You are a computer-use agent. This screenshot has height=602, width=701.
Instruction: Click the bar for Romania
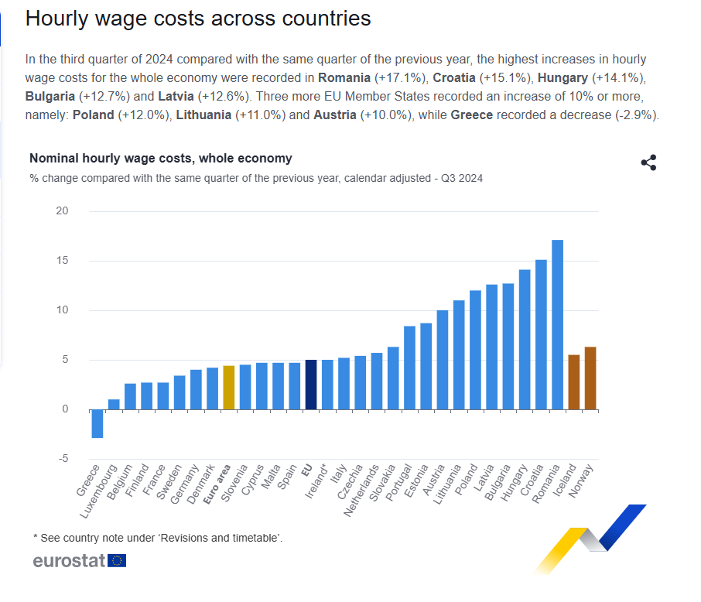point(557,325)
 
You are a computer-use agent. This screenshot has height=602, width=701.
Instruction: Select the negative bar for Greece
point(97,423)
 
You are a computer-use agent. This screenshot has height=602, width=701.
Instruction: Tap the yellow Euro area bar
point(228,388)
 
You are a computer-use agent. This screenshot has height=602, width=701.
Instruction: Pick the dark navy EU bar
point(311,385)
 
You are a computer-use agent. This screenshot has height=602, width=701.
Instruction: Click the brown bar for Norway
point(590,378)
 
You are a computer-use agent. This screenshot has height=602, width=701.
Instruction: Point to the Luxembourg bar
point(114,405)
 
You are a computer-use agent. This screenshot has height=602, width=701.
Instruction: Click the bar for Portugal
point(410,368)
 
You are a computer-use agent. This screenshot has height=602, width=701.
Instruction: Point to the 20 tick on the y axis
point(62,211)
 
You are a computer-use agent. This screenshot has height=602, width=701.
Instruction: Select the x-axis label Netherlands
point(364,491)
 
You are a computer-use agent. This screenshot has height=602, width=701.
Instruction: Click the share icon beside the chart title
point(648,162)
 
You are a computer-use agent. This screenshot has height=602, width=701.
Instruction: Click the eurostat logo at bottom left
point(79,561)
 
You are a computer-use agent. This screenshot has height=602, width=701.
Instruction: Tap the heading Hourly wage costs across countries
point(198,19)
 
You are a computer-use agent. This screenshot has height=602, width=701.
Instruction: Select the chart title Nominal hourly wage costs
point(161,159)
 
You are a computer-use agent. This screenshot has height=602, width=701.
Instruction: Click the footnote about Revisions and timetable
point(157,537)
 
